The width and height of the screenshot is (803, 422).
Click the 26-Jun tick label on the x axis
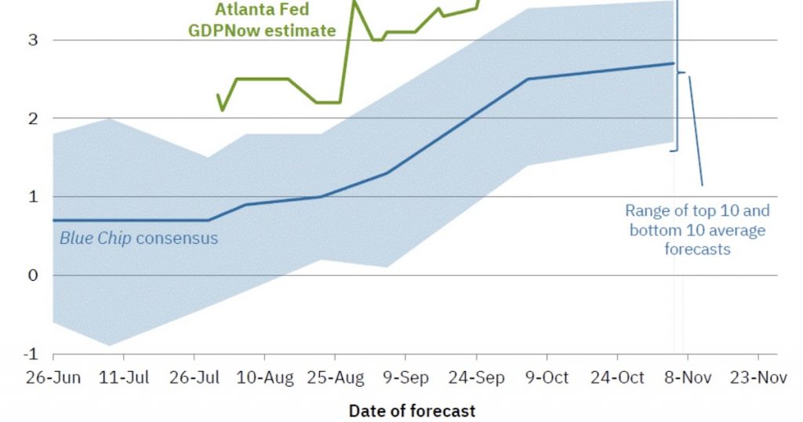tap(54, 378)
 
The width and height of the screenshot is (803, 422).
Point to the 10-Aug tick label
tap(266, 378)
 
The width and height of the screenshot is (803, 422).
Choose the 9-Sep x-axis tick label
tap(406, 378)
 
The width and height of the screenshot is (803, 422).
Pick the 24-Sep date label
tap(476, 378)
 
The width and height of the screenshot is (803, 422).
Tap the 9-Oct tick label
tap(547, 378)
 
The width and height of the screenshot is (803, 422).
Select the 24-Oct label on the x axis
tap(617, 378)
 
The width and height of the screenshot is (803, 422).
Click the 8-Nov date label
tap(687, 378)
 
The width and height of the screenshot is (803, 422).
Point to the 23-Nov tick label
tap(758, 378)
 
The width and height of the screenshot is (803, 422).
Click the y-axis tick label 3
tap(34, 40)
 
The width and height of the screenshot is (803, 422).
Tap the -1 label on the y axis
tap(31, 354)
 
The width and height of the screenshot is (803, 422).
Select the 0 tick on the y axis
tap(34, 275)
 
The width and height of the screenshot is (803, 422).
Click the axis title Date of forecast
tap(412, 410)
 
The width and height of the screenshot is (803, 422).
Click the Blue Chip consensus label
tap(139, 238)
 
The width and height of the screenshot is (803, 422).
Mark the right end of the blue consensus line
tap(674, 64)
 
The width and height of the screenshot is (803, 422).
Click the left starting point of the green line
tap(218, 95)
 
